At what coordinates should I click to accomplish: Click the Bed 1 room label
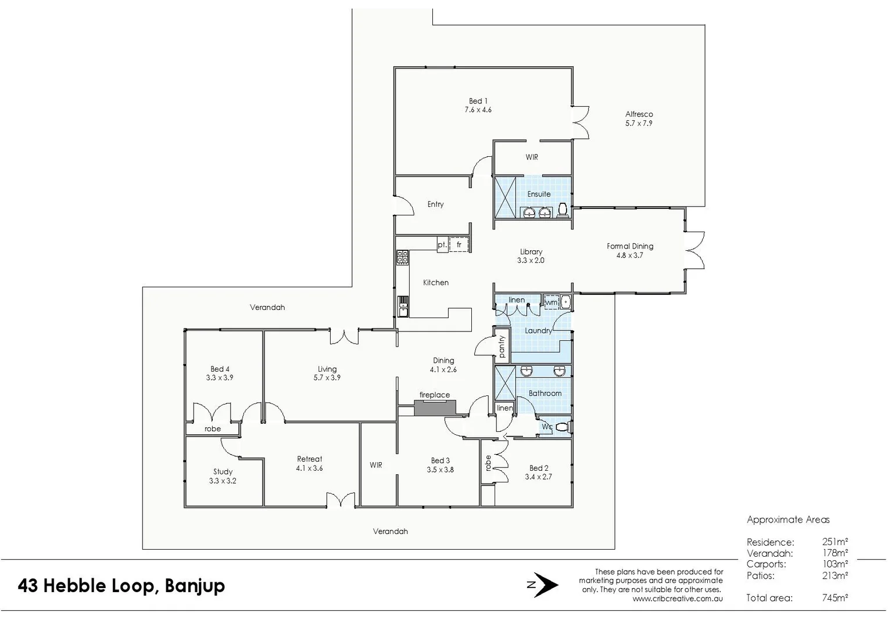[478, 101]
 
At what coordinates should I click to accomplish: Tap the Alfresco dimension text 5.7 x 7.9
[639, 123]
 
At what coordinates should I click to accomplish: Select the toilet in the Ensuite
[562, 210]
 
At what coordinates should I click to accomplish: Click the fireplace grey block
[435, 408]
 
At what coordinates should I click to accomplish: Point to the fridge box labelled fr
[459, 245]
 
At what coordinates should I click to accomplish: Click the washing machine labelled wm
[551, 302]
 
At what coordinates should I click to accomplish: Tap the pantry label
[502, 346]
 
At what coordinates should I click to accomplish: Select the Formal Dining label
[630, 246]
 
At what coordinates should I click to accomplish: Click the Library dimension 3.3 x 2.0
[531, 261]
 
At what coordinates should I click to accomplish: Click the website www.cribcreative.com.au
[678, 599]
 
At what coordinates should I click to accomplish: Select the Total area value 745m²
[835, 597]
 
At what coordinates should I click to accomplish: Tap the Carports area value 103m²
[835, 564]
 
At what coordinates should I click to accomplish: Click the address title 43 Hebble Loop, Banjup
[121, 585]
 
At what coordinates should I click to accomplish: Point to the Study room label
[223, 472]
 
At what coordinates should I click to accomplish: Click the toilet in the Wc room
[562, 428]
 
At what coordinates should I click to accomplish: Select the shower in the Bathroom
[504, 385]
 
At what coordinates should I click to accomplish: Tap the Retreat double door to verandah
[341, 500]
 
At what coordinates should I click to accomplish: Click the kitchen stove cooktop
[402, 257]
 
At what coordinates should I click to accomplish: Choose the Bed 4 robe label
[213, 429]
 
